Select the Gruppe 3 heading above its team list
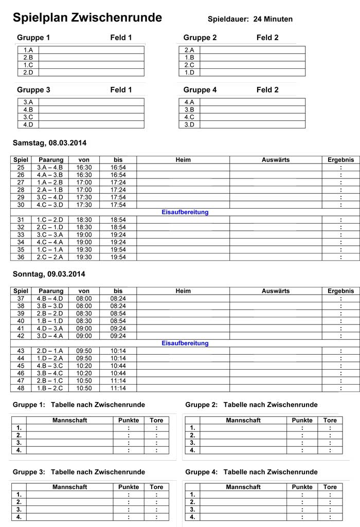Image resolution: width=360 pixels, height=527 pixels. (x=33, y=90)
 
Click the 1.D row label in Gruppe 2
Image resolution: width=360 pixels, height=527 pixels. (x=189, y=72)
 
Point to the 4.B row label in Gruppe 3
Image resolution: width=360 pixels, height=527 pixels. (x=28, y=110)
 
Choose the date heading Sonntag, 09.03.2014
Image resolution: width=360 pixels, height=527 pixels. (x=49, y=274)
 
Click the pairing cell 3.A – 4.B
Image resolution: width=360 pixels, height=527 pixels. (x=50, y=168)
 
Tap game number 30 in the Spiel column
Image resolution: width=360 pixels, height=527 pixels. (x=21, y=205)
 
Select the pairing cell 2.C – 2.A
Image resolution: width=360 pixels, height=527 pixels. (x=50, y=257)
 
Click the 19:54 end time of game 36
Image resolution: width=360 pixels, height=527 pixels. (x=118, y=257)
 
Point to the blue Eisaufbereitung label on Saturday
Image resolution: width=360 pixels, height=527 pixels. (x=185, y=212)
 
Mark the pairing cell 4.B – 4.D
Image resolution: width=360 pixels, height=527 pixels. (x=50, y=298)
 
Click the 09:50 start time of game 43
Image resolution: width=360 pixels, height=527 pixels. (x=84, y=351)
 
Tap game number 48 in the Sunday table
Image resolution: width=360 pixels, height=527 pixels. (x=21, y=388)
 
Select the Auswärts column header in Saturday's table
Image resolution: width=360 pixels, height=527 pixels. (x=276, y=160)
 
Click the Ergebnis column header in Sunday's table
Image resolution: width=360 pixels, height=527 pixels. (x=340, y=291)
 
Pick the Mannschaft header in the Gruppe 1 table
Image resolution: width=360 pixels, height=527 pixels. (x=69, y=420)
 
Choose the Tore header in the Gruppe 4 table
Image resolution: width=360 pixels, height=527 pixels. (x=330, y=487)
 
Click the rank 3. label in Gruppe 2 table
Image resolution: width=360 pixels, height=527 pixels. (x=192, y=443)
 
